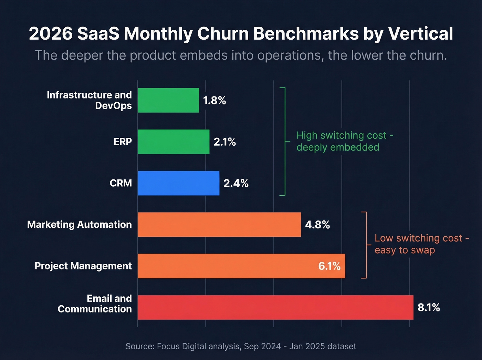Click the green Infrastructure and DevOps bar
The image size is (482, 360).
[x=168, y=100]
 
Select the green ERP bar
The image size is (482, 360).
[x=174, y=142]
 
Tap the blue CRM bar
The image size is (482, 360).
[x=178, y=183]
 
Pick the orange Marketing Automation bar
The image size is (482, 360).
[x=219, y=224]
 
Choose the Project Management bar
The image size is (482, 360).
[x=227, y=266]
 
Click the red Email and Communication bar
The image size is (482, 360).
[x=275, y=307]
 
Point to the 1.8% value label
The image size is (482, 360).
[x=214, y=101]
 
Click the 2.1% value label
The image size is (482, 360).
[x=224, y=142]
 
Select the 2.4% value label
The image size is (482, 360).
[x=236, y=183]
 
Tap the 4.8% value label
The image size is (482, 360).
[x=317, y=225]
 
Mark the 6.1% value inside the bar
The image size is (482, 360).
[x=329, y=266]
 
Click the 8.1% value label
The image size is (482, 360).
[x=429, y=307]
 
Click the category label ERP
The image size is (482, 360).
[x=123, y=142]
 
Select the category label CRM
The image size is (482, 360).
[x=120, y=183]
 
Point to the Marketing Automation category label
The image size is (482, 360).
[x=80, y=224]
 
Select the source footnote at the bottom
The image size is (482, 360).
[x=241, y=346]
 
